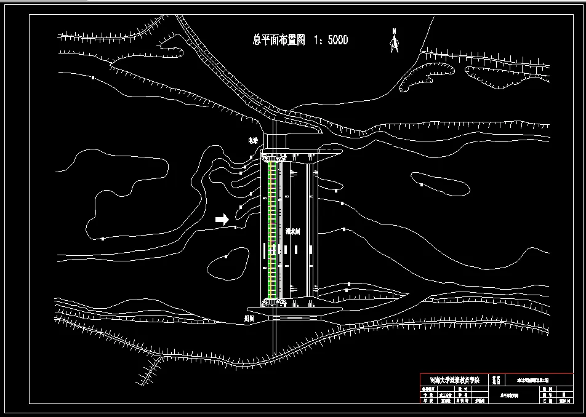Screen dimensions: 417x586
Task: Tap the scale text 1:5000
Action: click(331, 41)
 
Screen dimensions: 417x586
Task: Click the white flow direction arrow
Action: click(222, 218)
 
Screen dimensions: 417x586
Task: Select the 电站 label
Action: click(253, 141)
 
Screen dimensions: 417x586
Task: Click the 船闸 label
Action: click(250, 319)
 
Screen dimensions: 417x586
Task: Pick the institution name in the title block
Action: click(453, 380)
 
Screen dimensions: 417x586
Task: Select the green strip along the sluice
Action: click(271, 228)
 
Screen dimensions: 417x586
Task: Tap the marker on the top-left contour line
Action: click(93, 78)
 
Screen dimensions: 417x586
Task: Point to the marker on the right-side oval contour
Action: click(422, 184)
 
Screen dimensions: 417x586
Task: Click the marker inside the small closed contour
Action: click(227, 256)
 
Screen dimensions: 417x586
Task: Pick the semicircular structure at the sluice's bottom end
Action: click(275, 301)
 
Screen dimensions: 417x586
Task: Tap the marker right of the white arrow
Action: click(236, 228)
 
